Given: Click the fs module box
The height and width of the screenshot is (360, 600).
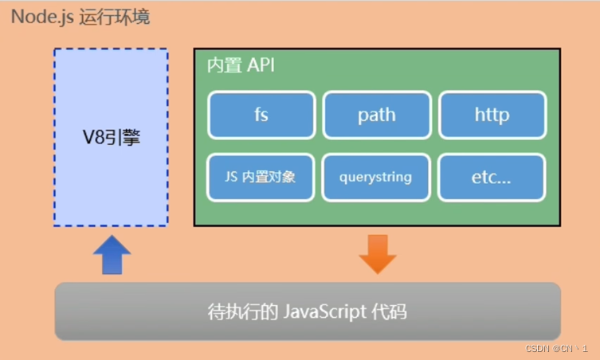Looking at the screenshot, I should [x=261, y=115].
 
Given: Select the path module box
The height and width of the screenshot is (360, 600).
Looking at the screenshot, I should [x=376, y=115].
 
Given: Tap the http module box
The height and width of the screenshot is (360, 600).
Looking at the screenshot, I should [x=492, y=115].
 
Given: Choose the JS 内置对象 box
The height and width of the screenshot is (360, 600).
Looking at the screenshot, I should [x=261, y=176].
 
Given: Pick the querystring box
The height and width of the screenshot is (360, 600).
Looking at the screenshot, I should [x=376, y=176].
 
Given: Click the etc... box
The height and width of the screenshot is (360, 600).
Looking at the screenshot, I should [x=492, y=176].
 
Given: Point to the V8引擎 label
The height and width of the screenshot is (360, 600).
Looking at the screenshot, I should [x=112, y=137].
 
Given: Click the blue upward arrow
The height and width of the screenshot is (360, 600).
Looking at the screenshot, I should [x=112, y=255].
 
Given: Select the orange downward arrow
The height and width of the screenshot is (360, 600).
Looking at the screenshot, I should [x=378, y=253].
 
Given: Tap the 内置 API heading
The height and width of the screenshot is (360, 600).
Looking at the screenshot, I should [x=240, y=65].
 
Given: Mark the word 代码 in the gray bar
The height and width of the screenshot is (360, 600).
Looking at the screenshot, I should [x=390, y=311].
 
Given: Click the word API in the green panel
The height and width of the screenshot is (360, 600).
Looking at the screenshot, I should [x=260, y=65].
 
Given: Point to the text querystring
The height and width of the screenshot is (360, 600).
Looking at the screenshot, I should [x=376, y=176].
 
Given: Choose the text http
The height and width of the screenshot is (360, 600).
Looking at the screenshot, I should [x=492, y=115].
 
